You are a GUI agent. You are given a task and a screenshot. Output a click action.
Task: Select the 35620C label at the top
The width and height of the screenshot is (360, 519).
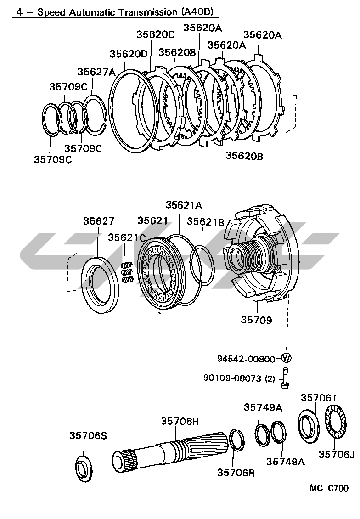[x=156, y=34]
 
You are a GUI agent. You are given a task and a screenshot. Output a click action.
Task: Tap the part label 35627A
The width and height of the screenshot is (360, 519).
[x=96, y=72]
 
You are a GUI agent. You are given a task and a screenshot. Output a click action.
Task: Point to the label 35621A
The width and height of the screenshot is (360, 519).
[x=184, y=205]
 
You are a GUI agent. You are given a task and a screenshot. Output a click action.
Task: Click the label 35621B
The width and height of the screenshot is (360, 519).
[x=205, y=223]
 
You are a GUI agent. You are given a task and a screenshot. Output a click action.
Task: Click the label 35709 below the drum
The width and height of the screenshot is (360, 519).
[x=256, y=320]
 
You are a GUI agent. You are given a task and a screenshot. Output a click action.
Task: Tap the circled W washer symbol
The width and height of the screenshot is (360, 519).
[x=286, y=358]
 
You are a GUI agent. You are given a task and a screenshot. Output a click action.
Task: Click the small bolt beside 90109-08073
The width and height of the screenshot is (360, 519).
[x=285, y=379]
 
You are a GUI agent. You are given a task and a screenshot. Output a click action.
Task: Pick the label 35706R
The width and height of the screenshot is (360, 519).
[x=236, y=472]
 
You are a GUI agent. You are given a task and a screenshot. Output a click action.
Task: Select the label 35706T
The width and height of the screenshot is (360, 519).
[x=319, y=397]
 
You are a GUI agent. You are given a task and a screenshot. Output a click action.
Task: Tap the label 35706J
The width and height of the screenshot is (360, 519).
[x=337, y=454]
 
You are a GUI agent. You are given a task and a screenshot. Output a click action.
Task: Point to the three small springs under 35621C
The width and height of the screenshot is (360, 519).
[x=127, y=272]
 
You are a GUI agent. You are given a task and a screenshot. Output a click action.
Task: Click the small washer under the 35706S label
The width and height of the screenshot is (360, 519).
[x=84, y=469]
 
